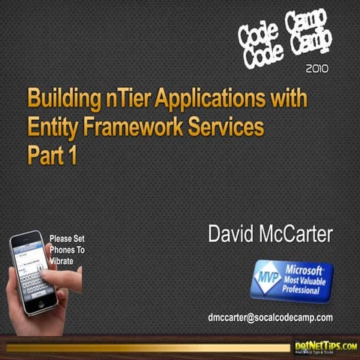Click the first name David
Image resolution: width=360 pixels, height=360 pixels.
230,234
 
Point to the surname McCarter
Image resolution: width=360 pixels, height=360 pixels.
295,234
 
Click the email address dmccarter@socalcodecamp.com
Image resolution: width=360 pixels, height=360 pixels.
270,317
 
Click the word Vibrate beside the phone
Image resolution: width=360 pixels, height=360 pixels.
63,260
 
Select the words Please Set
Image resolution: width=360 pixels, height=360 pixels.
67,239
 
